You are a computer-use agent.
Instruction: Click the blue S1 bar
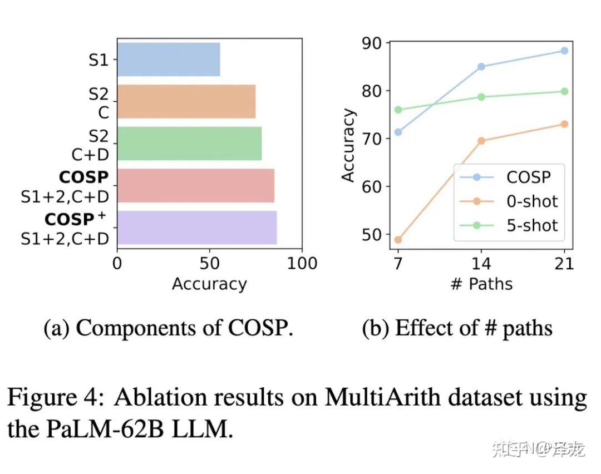coord(168,60)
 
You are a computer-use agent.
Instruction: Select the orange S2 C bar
coord(186,101)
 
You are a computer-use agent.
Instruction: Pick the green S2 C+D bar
coord(189,144)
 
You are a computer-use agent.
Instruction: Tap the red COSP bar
coord(195,186)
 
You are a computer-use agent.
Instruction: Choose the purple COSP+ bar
coord(196,228)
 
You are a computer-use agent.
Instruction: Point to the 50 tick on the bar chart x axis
coord(209,263)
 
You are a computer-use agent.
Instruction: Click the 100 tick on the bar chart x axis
coord(301,263)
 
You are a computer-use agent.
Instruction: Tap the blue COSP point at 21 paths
coord(564,51)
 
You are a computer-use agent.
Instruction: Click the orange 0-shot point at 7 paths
coord(398,240)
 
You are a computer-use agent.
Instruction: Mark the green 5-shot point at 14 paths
coord(481,97)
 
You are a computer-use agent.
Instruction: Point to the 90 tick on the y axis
coord(371,43)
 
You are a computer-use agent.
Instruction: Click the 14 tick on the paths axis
coord(481,263)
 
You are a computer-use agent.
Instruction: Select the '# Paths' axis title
coord(481,284)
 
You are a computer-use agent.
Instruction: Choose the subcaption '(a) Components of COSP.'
coord(168,328)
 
